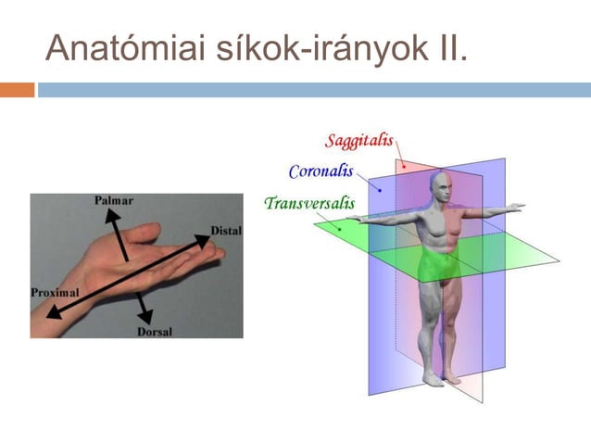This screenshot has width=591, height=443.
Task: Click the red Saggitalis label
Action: point(359,142)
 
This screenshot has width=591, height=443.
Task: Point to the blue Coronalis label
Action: point(321,171)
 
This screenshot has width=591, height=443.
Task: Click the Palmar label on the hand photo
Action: point(113,200)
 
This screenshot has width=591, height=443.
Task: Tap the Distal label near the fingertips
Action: point(225,229)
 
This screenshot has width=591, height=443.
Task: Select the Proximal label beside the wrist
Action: point(55,292)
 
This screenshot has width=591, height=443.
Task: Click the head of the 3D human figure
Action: point(441,189)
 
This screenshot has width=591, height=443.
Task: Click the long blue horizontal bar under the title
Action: point(314,90)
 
